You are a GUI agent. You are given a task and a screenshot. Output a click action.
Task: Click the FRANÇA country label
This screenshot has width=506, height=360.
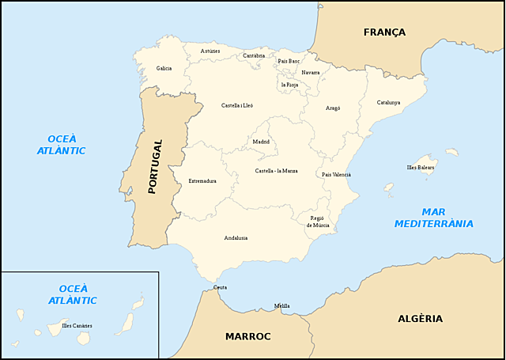coord(384,32)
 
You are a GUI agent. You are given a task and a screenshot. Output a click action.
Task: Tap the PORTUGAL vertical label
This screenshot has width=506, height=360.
coord(155,167)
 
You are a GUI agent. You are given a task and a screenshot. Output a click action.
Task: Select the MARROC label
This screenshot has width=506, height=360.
coord(247,336)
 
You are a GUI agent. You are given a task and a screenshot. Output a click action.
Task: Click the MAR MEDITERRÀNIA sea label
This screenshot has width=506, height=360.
coord(435,218)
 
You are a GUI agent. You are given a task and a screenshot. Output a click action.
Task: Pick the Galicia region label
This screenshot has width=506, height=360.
coord(164,69)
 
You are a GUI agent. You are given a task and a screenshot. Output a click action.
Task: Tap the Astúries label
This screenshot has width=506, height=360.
coord(210,51)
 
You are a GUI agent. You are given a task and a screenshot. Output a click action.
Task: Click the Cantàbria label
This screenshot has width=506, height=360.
coord(254,56)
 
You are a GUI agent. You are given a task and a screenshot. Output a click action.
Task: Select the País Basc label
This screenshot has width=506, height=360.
coord(289,61)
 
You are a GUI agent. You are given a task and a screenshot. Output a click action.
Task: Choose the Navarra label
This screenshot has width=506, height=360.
coord(310,73)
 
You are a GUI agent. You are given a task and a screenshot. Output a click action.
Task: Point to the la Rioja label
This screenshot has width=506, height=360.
coord(289,84)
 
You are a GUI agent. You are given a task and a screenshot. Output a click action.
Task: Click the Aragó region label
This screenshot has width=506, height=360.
coord(333,108)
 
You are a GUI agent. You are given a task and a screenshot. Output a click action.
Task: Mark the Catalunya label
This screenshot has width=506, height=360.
coord(388,102)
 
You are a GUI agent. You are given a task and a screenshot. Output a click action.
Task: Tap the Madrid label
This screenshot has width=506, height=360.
coord(261,142)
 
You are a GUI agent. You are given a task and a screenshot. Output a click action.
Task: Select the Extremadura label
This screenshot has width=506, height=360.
coord(202,181)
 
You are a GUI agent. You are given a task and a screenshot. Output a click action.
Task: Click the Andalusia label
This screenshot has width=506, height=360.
coord(236,237)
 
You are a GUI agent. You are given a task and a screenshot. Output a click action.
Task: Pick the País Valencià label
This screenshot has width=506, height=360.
coord(336,174)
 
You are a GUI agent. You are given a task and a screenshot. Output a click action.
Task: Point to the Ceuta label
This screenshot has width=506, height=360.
coord(220,287)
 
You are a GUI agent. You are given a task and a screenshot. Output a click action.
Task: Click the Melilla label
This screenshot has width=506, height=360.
coord(281,306)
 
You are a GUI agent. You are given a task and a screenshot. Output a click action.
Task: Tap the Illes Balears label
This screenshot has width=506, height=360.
coord(420,168)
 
